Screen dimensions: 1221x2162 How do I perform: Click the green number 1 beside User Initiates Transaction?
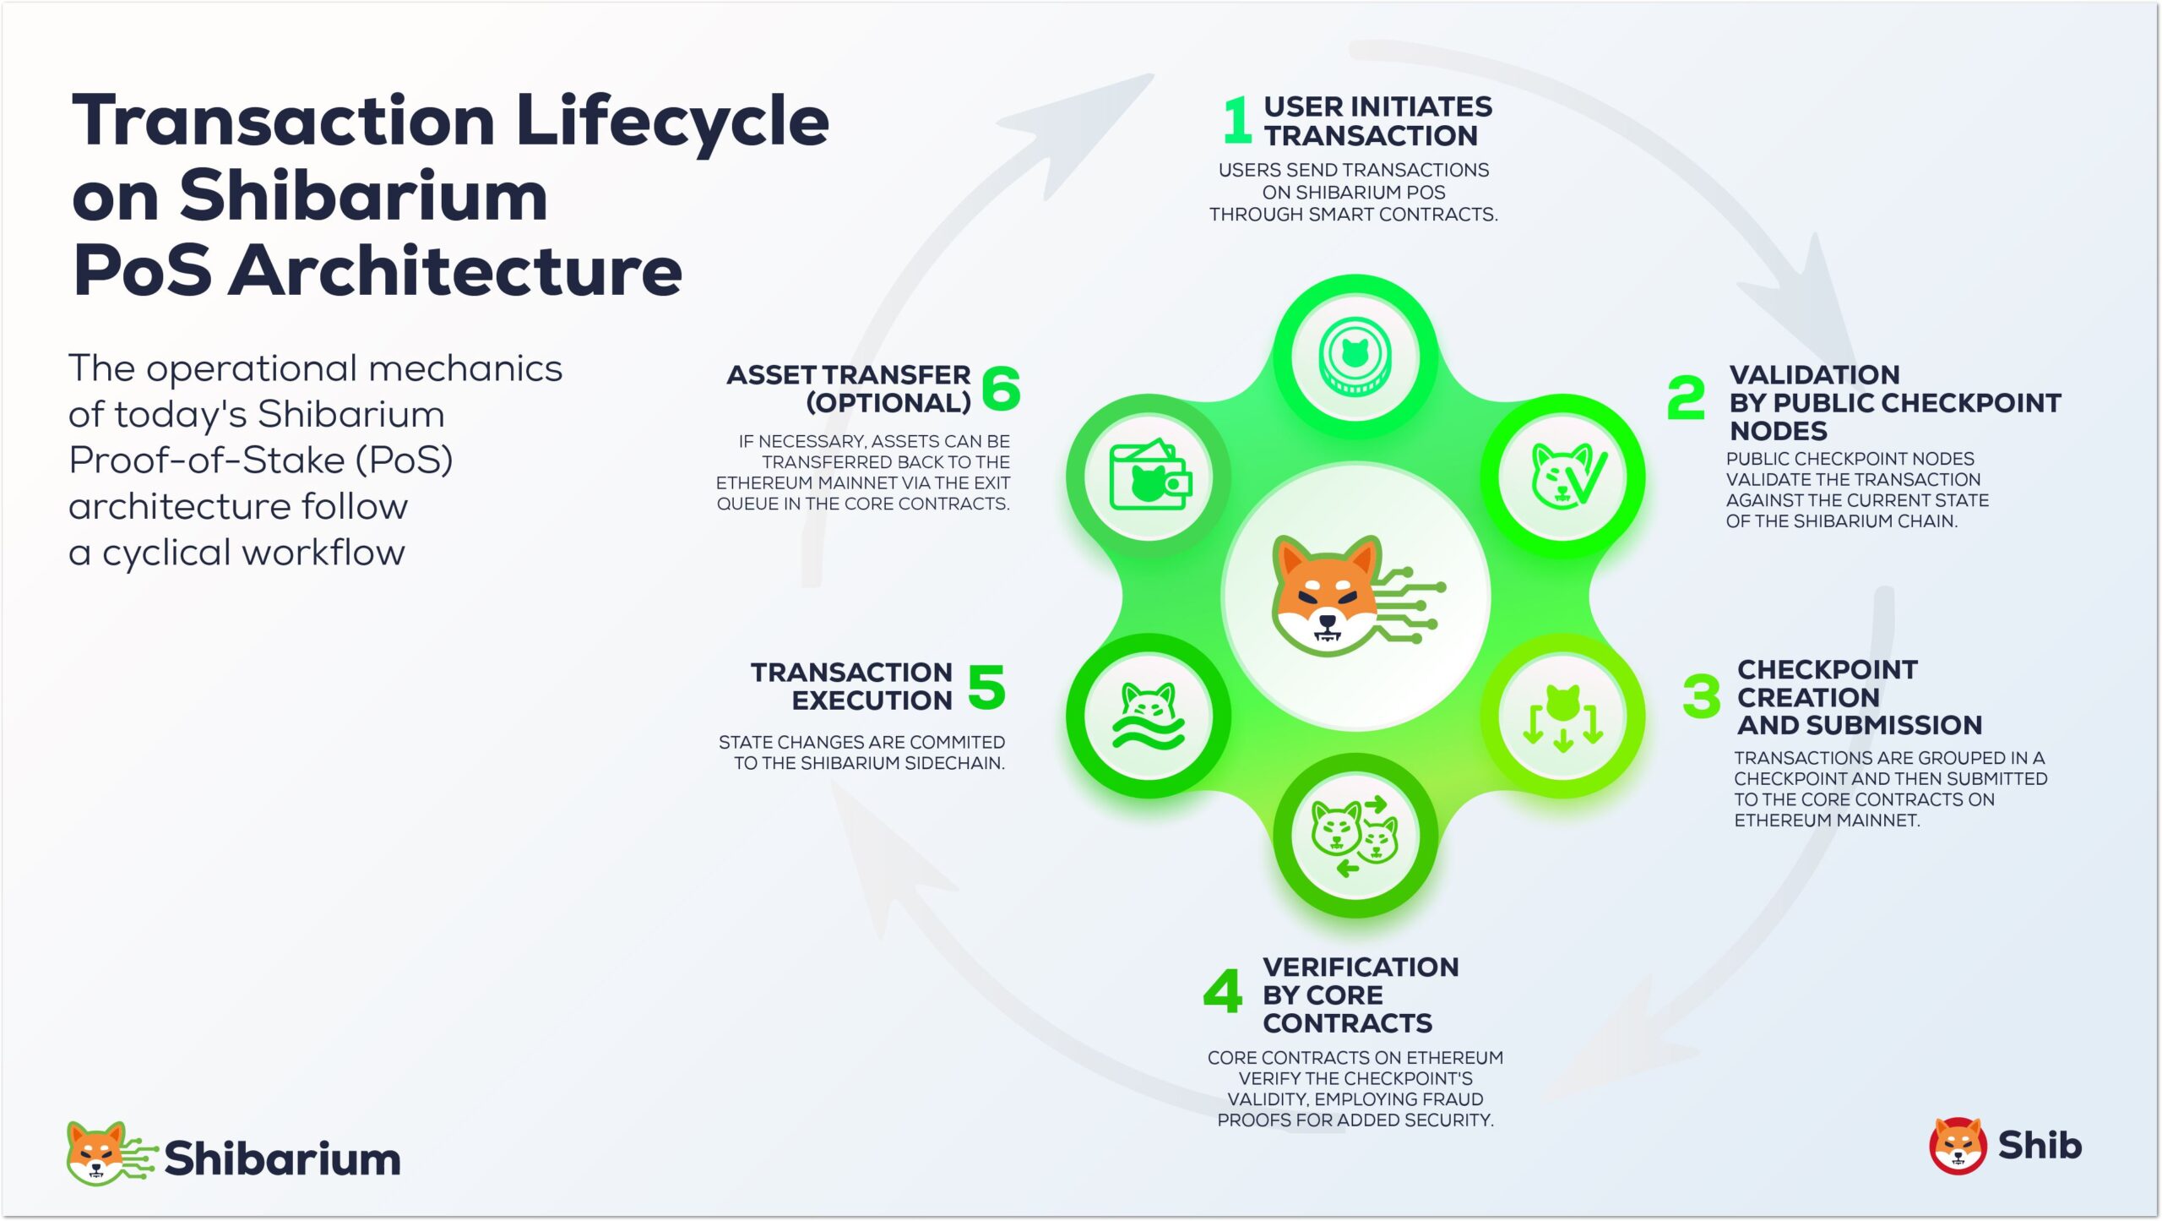pos(1236,120)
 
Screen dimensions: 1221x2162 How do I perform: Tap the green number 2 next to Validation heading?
pos(1686,397)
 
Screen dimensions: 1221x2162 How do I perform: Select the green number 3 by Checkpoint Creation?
pos(1701,696)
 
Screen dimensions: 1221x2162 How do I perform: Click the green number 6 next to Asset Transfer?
pos(1001,388)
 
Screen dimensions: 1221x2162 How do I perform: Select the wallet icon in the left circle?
pos(1149,477)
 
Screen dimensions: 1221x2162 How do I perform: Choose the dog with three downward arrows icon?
pos(1562,717)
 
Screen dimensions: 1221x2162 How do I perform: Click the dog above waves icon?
pos(1149,717)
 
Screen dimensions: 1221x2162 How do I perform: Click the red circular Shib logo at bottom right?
pos(1957,1146)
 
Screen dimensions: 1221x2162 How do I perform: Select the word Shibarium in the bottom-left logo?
pos(282,1158)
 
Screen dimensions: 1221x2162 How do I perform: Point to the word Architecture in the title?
pos(456,271)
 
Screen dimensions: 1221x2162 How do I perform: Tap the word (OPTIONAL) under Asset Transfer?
pos(888,403)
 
